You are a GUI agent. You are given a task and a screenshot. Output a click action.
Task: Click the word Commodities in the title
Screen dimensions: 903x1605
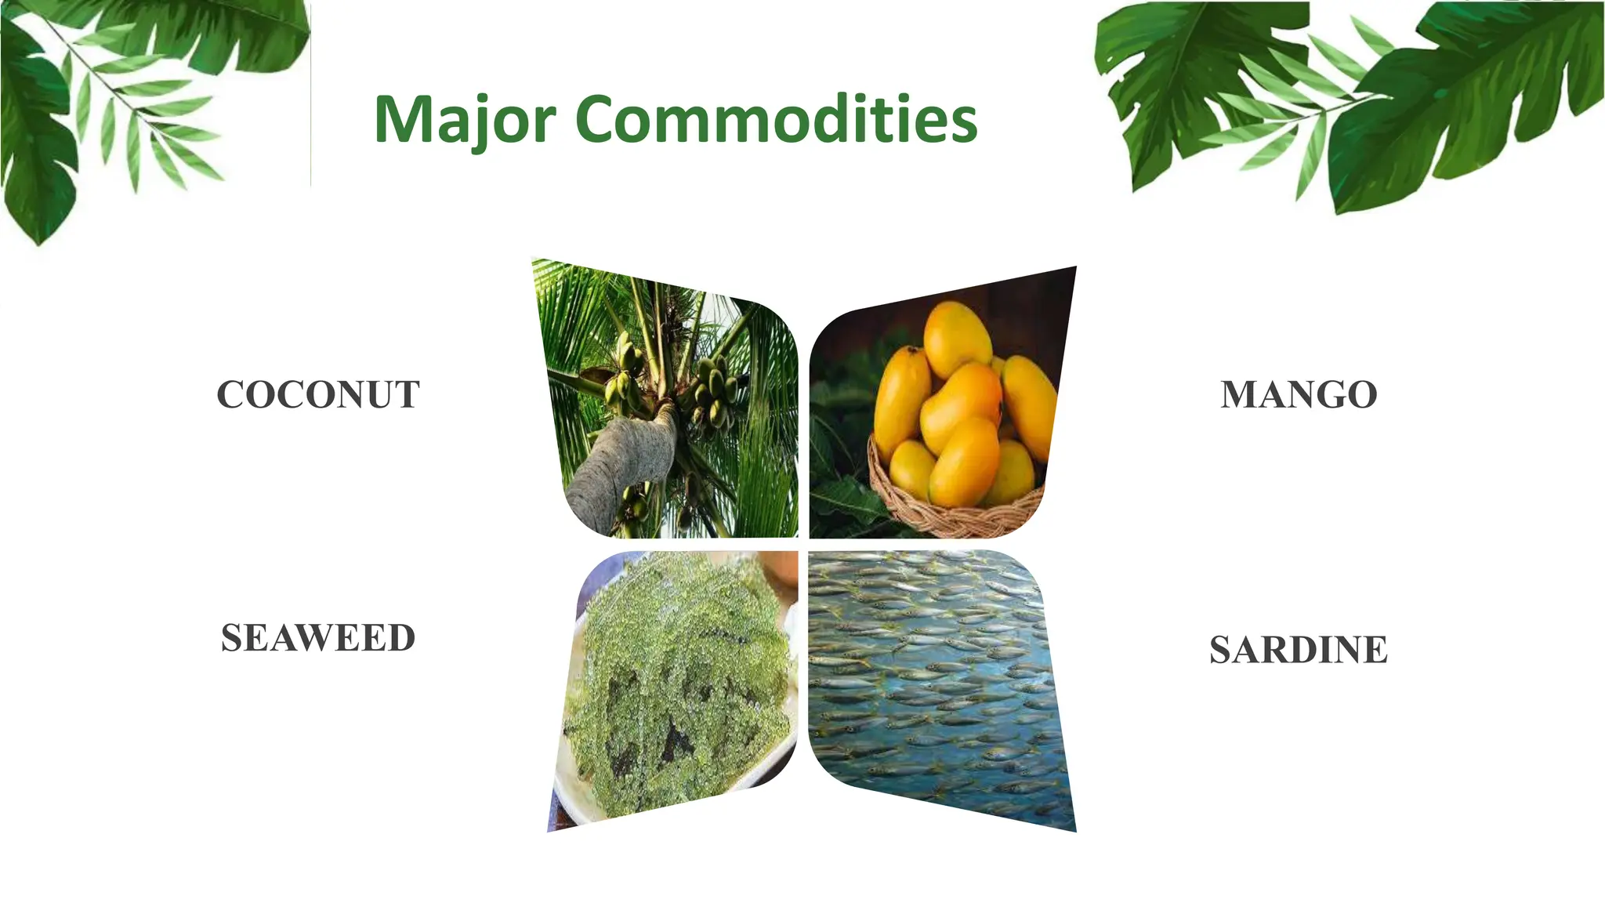776,119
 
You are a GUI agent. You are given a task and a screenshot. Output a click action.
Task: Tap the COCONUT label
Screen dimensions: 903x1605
318,394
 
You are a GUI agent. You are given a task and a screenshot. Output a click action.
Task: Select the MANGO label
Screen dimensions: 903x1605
1299,394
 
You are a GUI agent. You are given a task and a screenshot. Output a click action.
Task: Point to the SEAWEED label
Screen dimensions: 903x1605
318,638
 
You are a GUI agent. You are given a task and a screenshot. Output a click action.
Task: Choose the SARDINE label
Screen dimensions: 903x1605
1299,650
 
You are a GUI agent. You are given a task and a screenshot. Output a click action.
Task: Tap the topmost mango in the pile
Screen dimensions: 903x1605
957,337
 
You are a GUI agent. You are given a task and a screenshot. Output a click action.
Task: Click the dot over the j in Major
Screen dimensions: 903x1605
495,98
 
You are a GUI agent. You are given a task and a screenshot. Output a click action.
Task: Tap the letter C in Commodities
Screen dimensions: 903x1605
603,119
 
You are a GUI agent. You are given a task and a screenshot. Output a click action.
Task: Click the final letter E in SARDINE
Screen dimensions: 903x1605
1376,650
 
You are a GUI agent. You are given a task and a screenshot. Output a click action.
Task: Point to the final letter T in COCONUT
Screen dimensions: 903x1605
406,394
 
